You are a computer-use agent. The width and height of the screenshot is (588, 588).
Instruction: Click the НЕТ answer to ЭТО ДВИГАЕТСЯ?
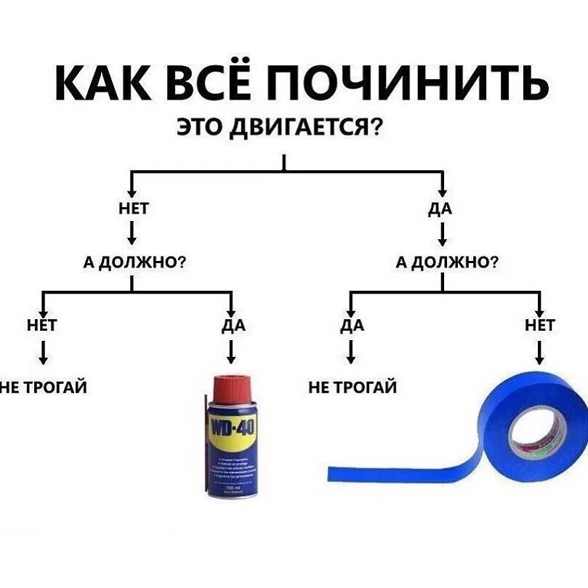click(x=133, y=209)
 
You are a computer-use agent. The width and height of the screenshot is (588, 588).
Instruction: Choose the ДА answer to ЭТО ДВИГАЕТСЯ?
click(x=441, y=209)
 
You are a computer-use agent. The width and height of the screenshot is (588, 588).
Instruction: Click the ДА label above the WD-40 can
click(x=233, y=325)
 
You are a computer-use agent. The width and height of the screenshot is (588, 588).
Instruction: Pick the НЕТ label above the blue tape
click(x=539, y=325)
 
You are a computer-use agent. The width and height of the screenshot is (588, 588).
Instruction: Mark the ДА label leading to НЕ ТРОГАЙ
click(x=351, y=325)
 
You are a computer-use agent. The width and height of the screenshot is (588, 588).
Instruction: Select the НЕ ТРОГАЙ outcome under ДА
click(x=353, y=387)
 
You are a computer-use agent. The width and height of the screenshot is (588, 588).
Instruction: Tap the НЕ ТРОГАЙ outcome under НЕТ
click(x=44, y=387)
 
